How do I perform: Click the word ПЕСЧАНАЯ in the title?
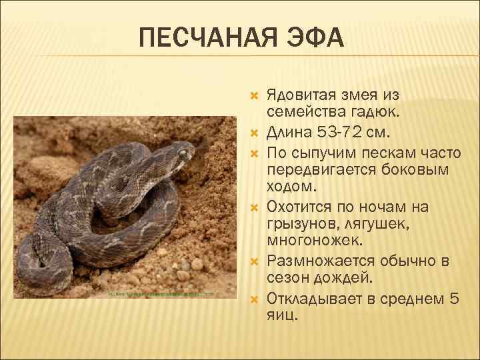[210, 39]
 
